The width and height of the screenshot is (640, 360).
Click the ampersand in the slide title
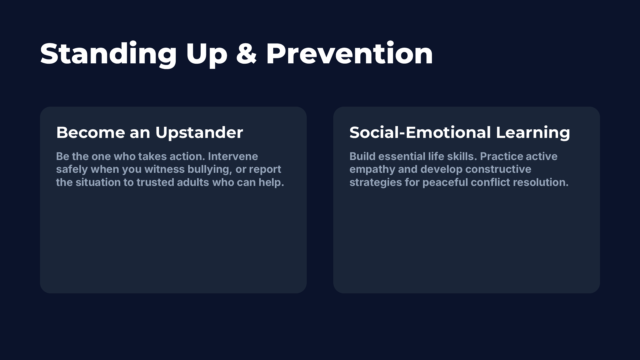(x=247, y=53)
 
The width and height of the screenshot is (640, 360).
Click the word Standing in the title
(x=108, y=54)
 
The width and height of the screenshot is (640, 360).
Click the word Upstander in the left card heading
(x=199, y=133)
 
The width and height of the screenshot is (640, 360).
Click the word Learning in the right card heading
(x=533, y=133)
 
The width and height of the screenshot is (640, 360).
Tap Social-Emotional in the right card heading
(x=420, y=132)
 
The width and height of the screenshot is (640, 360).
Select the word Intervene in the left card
(x=233, y=156)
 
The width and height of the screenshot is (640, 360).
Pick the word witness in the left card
(x=164, y=169)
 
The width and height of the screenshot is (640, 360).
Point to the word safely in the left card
(x=72, y=170)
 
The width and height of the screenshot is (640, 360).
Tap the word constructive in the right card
(x=498, y=169)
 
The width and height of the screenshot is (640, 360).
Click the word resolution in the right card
(x=540, y=182)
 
